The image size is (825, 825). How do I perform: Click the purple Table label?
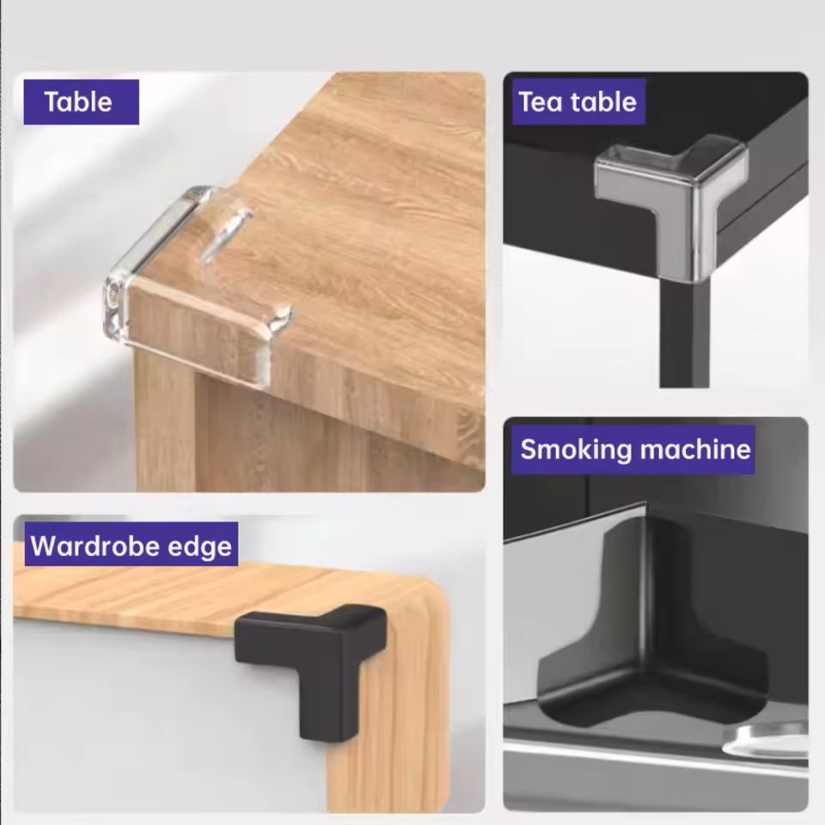82,102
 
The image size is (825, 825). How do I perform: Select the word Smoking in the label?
576,449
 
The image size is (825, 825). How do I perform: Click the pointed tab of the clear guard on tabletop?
226,231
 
